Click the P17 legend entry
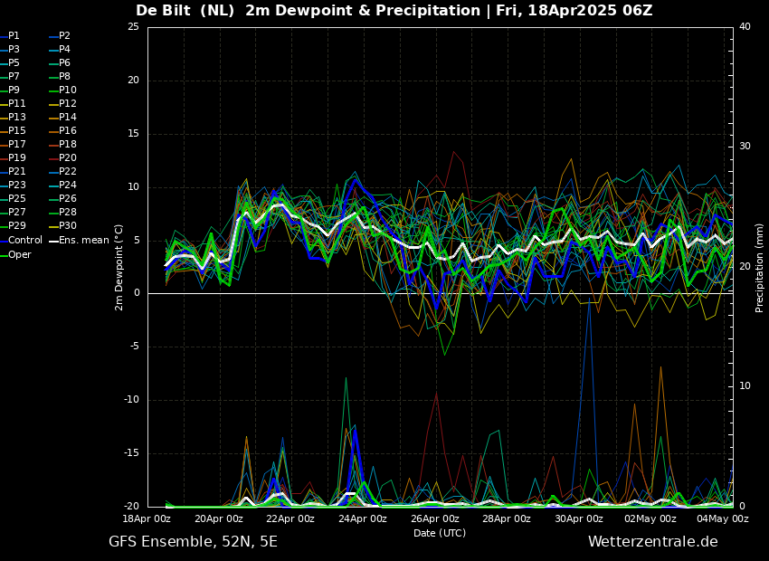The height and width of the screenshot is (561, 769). pyautogui.click(x=13, y=144)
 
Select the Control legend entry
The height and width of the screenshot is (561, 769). pyautogui.click(x=21, y=241)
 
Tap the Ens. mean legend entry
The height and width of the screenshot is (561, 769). pyautogui.click(x=79, y=241)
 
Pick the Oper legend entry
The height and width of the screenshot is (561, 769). pyautogui.click(x=15, y=254)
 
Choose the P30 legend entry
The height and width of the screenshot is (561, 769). pyautogui.click(x=63, y=225)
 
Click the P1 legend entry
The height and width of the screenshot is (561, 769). pyautogui.click(x=10, y=36)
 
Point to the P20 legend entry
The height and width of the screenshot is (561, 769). pyautogui.click(x=63, y=158)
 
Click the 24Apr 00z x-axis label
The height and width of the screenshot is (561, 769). pyautogui.click(x=363, y=518)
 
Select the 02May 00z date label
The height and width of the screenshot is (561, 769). pyautogui.click(x=650, y=518)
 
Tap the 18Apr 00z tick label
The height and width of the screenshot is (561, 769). pyautogui.click(x=147, y=518)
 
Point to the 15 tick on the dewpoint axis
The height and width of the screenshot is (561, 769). pyautogui.click(x=133, y=134)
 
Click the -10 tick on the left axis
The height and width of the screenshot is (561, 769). pyautogui.click(x=132, y=400)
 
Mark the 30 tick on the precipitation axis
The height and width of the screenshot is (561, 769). pyautogui.click(x=745, y=147)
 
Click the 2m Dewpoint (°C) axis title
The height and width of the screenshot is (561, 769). pyautogui.click(x=119, y=267)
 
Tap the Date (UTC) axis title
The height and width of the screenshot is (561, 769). pyautogui.click(x=440, y=533)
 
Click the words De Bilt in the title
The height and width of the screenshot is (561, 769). pyautogui.click(x=164, y=10)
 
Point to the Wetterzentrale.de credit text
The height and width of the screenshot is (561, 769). pyautogui.click(x=653, y=542)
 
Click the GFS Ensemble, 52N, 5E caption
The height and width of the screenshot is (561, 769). pyautogui.click(x=193, y=542)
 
